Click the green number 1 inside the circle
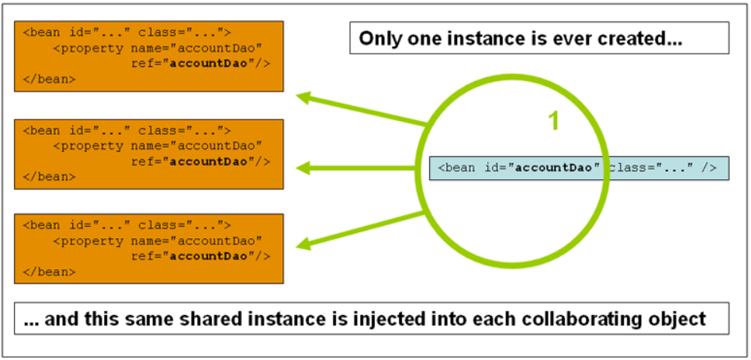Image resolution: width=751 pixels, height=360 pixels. click(x=553, y=121)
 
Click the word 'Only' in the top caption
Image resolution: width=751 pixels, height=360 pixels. click(x=375, y=38)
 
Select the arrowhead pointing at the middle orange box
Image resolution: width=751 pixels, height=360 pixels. click(x=304, y=167)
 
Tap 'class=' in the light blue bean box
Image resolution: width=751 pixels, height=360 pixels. click(x=627, y=168)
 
